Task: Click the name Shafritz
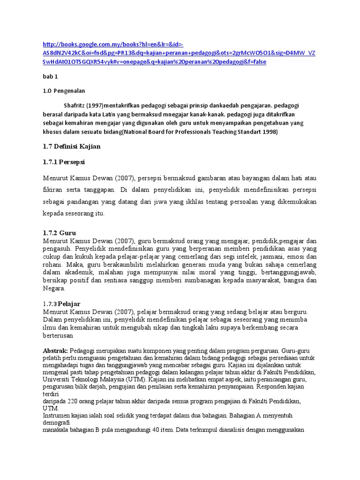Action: coord(74,105)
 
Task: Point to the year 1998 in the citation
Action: coord(270,132)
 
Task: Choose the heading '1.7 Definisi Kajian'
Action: coord(72,146)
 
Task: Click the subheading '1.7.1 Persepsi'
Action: coord(67,162)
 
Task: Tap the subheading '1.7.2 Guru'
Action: coord(60,232)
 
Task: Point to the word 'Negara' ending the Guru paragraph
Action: coord(54,289)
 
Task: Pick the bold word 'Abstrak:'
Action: coord(56,351)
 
